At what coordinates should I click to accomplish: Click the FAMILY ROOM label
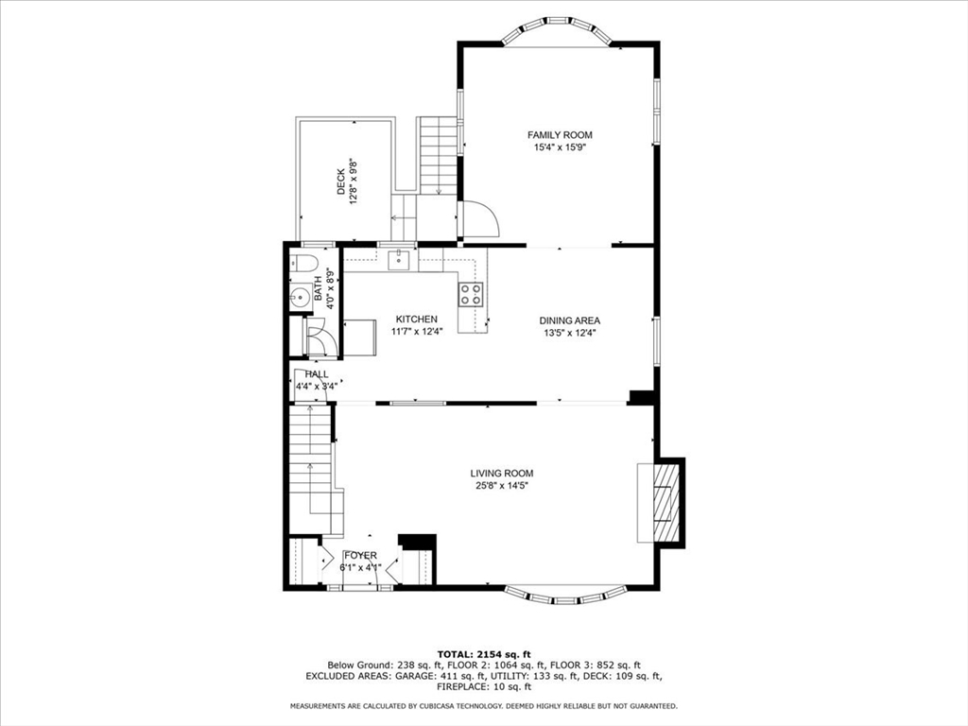pos(560,135)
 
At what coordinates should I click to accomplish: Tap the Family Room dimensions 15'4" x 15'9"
pos(560,147)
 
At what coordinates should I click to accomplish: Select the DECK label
pos(341,182)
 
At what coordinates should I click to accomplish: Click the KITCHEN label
pos(416,320)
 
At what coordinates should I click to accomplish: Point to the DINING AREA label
pos(569,320)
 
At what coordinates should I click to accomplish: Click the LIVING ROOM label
pos(502,474)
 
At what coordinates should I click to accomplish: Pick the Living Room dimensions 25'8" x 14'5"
pos(502,486)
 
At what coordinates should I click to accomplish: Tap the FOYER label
pos(360,555)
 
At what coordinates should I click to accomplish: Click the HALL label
pos(317,374)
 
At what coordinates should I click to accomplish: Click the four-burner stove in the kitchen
pos(470,294)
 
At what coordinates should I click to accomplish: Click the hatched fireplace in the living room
pos(667,501)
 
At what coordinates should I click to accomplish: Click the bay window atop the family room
pos(556,29)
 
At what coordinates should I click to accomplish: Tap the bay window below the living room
pos(565,596)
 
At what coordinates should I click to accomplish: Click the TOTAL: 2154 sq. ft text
pos(483,654)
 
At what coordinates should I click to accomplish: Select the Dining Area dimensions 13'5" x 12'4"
pos(569,333)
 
